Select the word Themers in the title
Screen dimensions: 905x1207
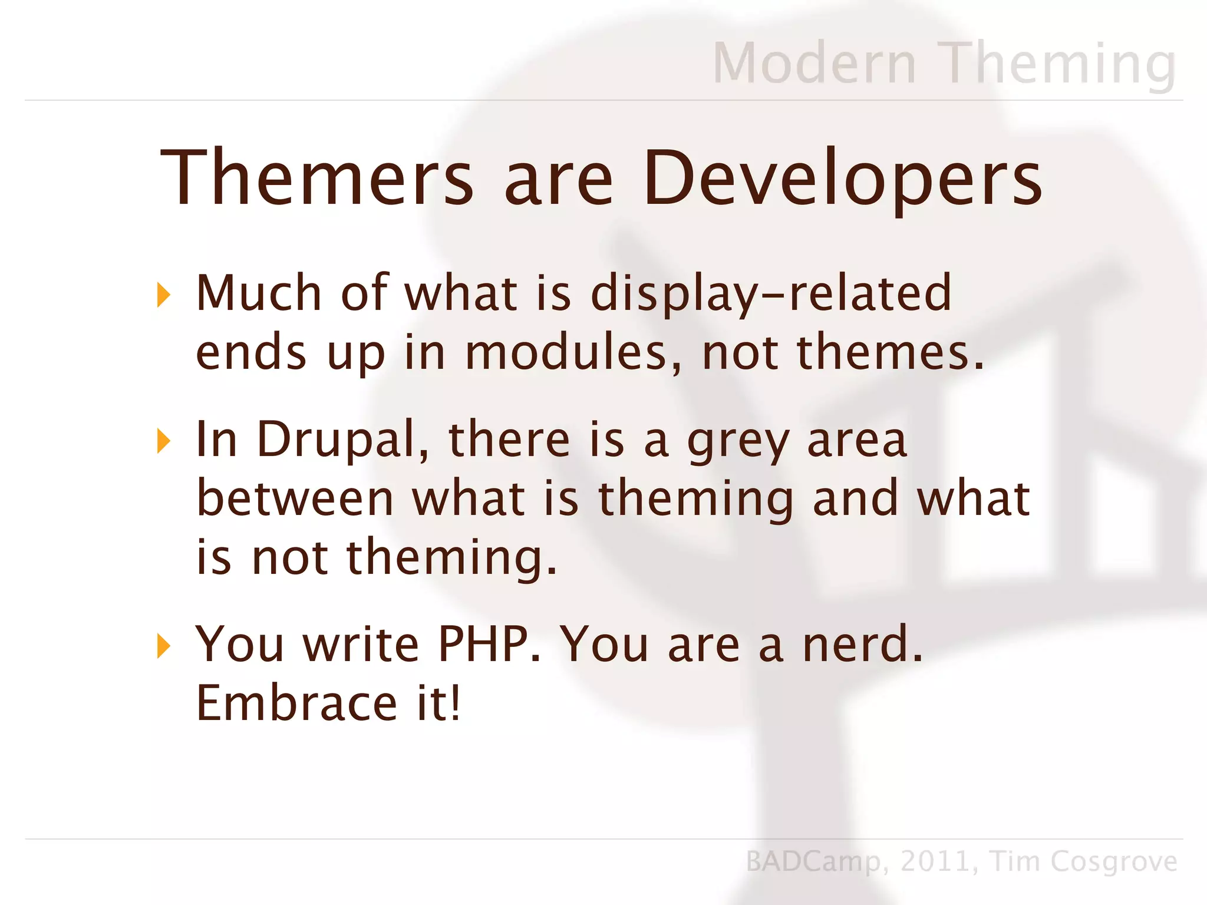coord(317,177)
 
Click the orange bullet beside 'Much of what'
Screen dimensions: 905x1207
coord(163,295)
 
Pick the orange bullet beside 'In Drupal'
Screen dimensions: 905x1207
coord(163,441)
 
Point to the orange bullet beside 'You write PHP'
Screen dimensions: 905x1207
coord(163,646)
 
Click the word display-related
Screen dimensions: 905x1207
coord(771,293)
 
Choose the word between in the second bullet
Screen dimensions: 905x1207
coord(295,498)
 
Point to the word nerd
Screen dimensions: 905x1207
coord(862,645)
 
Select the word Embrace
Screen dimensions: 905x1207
coord(296,703)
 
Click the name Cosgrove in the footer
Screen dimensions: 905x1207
coord(1114,862)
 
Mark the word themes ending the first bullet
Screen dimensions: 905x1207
coord(889,352)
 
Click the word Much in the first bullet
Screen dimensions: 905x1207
coord(259,293)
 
